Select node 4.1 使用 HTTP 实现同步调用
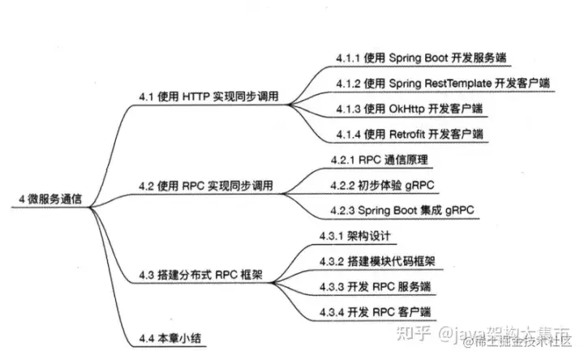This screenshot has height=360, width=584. click(x=208, y=96)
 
